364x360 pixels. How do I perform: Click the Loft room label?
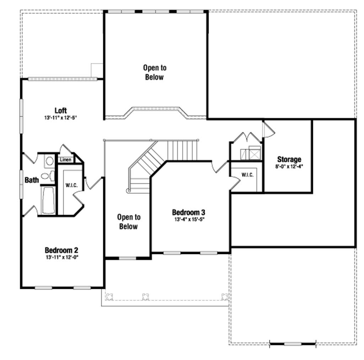pos(60,111)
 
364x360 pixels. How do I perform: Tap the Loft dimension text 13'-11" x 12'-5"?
pos(60,117)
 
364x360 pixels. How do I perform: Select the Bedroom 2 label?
pos(61,250)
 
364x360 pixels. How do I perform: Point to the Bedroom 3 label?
pos(188,212)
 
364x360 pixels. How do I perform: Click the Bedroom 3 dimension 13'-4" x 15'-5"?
pos(189,219)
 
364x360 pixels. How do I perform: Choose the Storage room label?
pos(289,159)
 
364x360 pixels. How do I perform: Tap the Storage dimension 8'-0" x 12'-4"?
pos(289,166)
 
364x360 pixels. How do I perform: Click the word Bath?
pos(32,180)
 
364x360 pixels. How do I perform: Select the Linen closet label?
pos(65,160)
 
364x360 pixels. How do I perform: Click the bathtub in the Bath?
pos(48,200)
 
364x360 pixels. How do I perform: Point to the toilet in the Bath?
pos(48,176)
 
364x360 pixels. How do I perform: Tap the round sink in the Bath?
pos(49,161)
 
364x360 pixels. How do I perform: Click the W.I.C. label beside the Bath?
pos(71,185)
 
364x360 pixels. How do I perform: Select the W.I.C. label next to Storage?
pos(247,175)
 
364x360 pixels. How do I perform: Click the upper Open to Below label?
pos(155,73)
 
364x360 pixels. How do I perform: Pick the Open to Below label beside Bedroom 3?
pos(129,222)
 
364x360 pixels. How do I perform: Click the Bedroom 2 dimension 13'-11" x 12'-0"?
pos(62,257)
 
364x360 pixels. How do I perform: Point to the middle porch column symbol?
pos(145,297)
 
